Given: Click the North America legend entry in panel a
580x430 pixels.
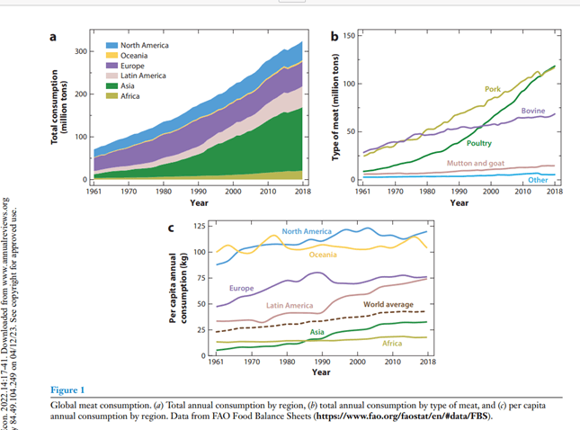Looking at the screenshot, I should click(x=143, y=45).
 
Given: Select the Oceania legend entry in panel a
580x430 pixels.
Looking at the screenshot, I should click(x=134, y=56).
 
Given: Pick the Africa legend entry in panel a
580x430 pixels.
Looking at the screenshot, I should click(x=130, y=96).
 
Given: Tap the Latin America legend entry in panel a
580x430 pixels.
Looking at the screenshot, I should click(x=143, y=76).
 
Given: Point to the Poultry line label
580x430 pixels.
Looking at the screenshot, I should click(x=479, y=143).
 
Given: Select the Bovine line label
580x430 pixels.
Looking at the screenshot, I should click(x=532, y=111).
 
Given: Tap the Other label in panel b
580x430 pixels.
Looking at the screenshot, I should click(x=538, y=180).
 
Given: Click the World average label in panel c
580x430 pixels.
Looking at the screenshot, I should click(x=388, y=305).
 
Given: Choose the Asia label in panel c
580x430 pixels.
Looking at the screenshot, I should click(x=317, y=332).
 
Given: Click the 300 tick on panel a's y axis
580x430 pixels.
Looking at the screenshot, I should click(x=79, y=51).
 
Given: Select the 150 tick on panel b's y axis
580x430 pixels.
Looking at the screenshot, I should click(x=349, y=36).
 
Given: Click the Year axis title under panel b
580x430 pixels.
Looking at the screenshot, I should click(x=459, y=202).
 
